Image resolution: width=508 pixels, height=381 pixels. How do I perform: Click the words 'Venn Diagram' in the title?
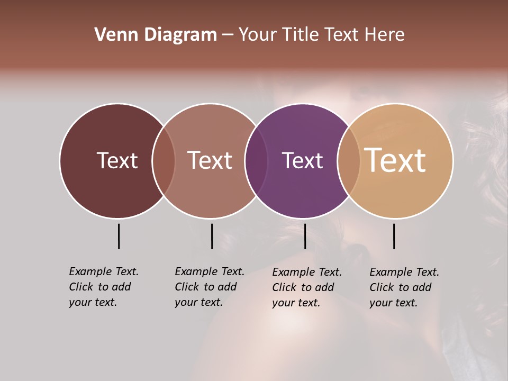coord(156,35)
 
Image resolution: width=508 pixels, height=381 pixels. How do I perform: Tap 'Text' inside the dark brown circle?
coord(117,160)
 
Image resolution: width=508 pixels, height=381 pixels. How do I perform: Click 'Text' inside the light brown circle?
coord(210,160)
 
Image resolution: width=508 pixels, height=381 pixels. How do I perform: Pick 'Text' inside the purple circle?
coord(302,160)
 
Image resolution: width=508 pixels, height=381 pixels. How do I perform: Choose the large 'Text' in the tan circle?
coord(395,160)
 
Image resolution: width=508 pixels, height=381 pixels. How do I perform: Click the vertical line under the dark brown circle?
coord(119,236)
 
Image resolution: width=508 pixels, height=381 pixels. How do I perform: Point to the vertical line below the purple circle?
coord(305,236)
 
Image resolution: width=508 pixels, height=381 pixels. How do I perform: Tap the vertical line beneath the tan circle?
coord(394,236)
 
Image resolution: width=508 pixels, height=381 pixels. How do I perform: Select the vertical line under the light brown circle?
coord(212,236)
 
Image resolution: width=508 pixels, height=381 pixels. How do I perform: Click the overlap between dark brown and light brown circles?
coord(164,161)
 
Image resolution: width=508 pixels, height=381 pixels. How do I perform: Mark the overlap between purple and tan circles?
coord(349,161)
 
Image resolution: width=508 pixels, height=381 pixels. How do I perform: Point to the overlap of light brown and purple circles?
coord(256,161)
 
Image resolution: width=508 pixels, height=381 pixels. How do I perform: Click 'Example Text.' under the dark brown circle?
coord(104,271)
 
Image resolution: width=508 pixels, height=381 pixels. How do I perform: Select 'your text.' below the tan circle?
coord(394,303)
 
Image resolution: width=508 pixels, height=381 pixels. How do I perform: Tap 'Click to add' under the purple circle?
coord(303,287)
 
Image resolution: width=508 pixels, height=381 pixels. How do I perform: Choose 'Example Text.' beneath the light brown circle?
coord(210,271)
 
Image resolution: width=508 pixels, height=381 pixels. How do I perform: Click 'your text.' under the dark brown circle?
coord(93,303)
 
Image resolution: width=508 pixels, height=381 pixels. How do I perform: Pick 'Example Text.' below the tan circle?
coord(404,272)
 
